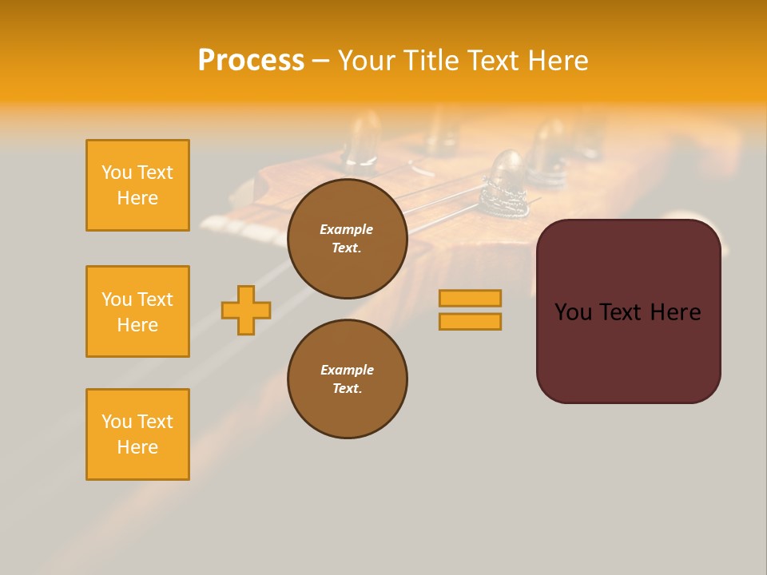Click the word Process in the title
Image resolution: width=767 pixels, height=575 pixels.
pyautogui.click(x=251, y=61)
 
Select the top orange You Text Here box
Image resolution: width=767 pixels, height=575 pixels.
pyautogui.click(x=137, y=185)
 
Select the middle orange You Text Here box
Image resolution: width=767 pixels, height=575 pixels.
pyautogui.click(x=137, y=311)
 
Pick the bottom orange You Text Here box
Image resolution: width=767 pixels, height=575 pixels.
pyautogui.click(x=137, y=434)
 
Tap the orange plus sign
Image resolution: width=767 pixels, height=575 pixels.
pyautogui.click(x=246, y=310)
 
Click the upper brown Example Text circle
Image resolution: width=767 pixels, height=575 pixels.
pyautogui.click(x=347, y=238)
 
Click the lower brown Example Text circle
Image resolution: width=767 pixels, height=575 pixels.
pyautogui.click(x=347, y=379)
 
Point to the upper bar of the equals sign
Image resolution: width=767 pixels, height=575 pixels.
pyautogui.click(x=470, y=299)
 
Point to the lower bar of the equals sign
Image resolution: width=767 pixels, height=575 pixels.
pyautogui.click(x=470, y=321)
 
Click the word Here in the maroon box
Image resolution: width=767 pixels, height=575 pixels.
pyautogui.click(x=675, y=312)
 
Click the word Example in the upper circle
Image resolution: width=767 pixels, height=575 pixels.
pyautogui.click(x=347, y=229)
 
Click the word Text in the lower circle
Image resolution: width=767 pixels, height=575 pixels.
pyautogui.click(x=347, y=389)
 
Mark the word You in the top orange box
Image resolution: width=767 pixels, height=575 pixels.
pyautogui.click(x=117, y=172)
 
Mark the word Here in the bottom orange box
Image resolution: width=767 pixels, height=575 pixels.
pyautogui.click(x=137, y=447)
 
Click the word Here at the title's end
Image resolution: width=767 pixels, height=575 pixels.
pyautogui.click(x=559, y=61)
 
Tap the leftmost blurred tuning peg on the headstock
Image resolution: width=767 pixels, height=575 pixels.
pyautogui.click(x=364, y=140)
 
